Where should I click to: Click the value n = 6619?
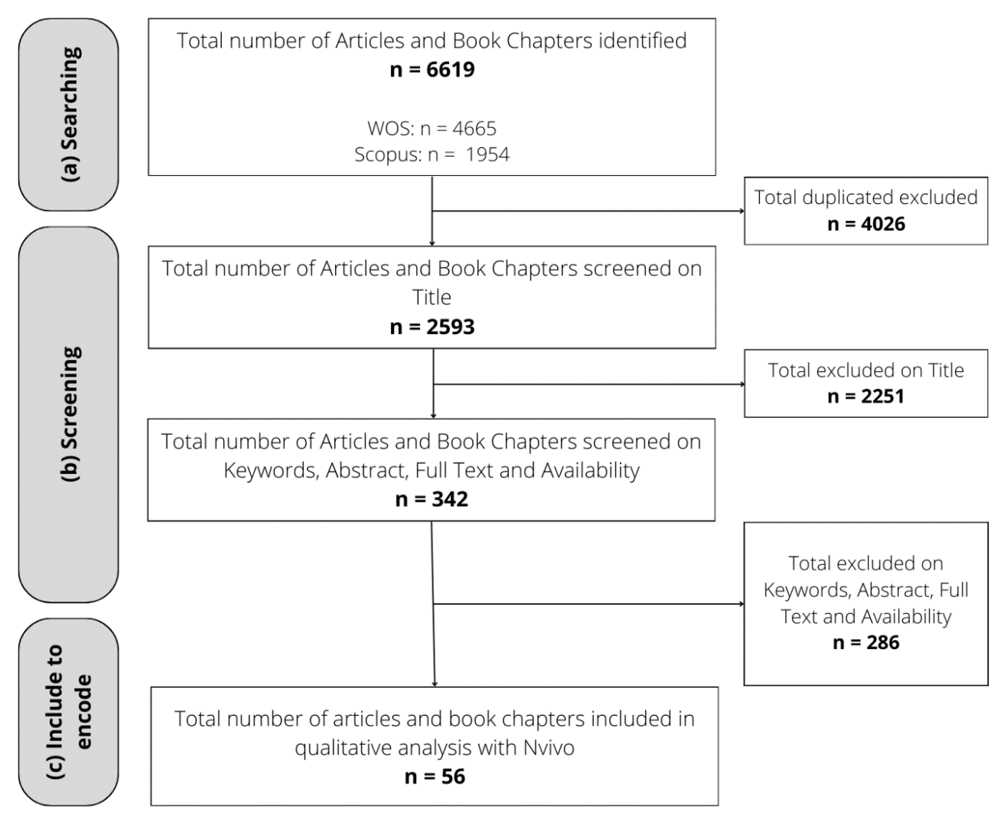pos(432,70)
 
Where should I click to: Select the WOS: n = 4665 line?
pos(432,128)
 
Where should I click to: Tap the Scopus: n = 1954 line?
pos(432,154)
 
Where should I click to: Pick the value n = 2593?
pos(432,327)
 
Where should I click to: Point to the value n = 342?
pos(432,499)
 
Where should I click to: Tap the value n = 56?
pos(435,777)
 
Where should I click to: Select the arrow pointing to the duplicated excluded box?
pos(588,211)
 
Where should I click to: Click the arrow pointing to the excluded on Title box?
pos(588,384)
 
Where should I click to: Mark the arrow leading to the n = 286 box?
pos(588,604)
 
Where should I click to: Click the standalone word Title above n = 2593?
pos(432,297)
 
